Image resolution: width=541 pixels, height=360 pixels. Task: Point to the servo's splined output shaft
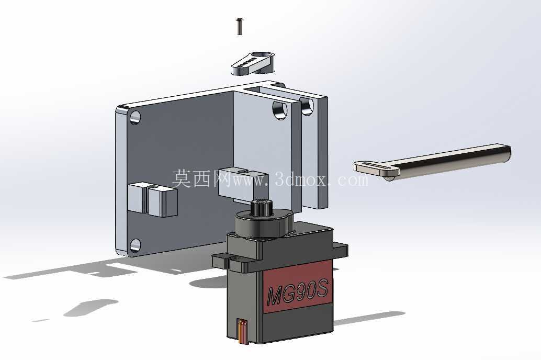262,207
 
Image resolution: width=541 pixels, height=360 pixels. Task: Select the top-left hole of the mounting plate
135,117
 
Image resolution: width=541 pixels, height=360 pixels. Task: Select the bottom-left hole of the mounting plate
135,245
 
